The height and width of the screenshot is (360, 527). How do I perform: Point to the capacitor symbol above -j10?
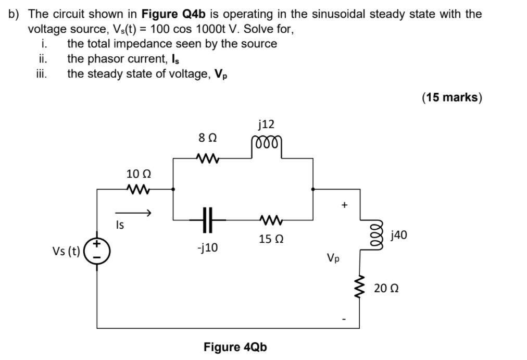pos(208,220)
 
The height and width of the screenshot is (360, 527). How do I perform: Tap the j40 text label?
pos(398,235)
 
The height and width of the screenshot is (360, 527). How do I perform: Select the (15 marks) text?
pos(452,97)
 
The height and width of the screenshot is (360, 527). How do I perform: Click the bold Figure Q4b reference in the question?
pos(174,14)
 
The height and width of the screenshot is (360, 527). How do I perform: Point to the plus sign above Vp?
pos(344,205)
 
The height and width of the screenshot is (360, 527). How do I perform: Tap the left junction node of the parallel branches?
pos(173,189)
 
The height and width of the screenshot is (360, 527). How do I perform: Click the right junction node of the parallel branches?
pos(312,189)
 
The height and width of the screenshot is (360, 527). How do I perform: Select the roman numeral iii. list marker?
pos(41,73)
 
